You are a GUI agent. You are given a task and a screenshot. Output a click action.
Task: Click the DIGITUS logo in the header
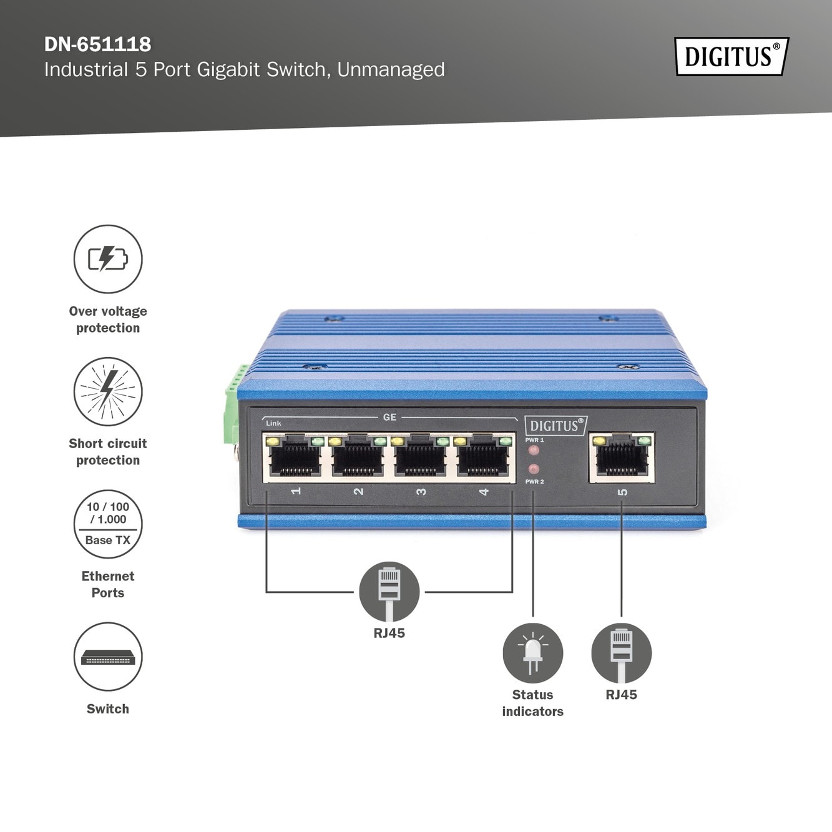pyautogui.click(x=731, y=57)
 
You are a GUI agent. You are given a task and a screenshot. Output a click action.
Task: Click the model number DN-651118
pyautogui.click(x=97, y=44)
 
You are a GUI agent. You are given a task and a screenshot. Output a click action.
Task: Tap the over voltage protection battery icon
pyautogui.click(x=108, y=259)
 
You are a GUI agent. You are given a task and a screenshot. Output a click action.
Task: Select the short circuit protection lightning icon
pyautogui.click(x=108, y=391)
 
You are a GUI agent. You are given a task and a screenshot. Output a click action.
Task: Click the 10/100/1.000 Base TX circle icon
pyautogui.click(x=108, y=524)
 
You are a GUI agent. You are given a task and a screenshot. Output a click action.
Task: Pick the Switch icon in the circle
pyautogui.click(x=108, y=657)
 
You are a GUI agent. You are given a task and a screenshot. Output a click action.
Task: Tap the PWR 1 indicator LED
pyautogui.click(x=534, y=450)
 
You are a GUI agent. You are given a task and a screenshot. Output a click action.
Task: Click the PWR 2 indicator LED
pyautogui.click(x=534, y=469)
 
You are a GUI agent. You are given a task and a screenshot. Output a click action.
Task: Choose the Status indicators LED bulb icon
pyautogui.click(x=532, y=653)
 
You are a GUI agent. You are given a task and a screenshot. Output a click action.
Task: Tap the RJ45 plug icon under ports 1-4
pyautogui.click(x=389, y=591)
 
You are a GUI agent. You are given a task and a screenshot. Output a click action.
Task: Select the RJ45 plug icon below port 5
pyautogui.click(x=621, y=653)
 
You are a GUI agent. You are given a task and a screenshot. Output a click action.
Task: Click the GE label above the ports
pyautogui.click(x=389, y=417)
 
